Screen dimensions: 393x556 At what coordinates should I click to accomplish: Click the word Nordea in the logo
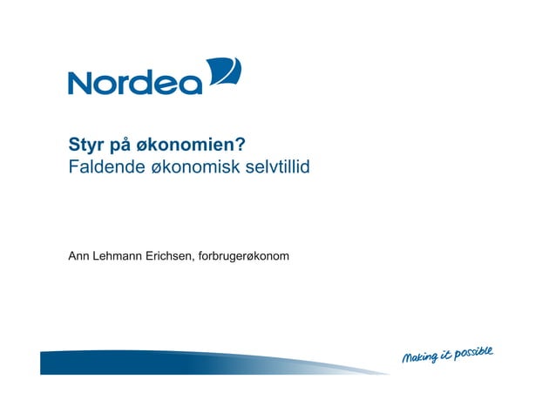[x=135, y=82]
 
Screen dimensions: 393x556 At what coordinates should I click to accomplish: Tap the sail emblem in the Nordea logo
[x=224, y=73]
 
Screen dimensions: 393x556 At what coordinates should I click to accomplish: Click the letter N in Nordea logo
[x=82, y=83]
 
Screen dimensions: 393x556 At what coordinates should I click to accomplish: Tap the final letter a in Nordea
[x=191, y=85]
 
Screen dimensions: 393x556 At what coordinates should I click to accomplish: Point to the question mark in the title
[x=238, y=144]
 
